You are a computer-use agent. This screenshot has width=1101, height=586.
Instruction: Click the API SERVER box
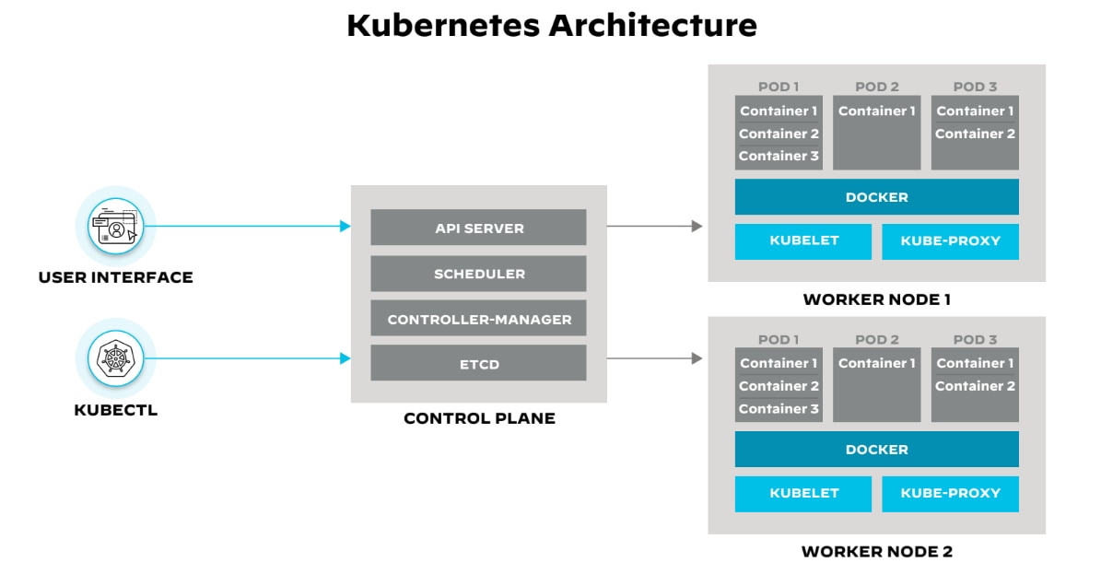coord(478,228)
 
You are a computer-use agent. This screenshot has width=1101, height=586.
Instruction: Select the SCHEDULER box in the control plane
coord(478,274)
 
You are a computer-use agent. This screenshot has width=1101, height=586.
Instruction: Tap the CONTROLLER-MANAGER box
coord(478,320)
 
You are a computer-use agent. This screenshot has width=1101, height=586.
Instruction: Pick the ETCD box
coord(478,363)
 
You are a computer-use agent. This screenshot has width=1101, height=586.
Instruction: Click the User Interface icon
coord(115,226)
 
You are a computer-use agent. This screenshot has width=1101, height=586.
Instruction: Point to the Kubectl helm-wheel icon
coord(115,358)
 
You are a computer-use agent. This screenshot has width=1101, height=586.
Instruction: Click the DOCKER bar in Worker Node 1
coord(876,197)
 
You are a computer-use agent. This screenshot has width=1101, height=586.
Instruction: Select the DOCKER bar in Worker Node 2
coord(876,450)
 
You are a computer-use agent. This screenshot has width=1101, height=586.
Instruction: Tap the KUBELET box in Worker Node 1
coord(803,241)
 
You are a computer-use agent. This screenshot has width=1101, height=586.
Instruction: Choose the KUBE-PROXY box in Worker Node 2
coord(950,494)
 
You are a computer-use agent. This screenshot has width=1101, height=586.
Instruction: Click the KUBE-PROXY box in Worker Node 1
coord(950,241)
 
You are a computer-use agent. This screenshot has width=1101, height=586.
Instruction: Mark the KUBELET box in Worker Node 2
coord(803,494)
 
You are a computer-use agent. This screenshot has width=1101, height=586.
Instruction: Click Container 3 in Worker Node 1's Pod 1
coord(779,157)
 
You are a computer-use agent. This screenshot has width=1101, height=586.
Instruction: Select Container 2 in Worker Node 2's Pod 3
coord(975,386)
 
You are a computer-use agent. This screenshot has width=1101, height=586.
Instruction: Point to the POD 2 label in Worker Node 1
coord(876,87)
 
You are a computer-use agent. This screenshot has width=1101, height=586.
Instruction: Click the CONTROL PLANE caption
coord(479,418)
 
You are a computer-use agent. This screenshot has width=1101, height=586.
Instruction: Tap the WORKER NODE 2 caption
coord(876,552)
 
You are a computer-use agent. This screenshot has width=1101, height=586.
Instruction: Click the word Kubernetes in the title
coord(443,25)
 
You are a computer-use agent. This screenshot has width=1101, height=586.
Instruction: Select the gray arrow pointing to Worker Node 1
coord(654,226)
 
